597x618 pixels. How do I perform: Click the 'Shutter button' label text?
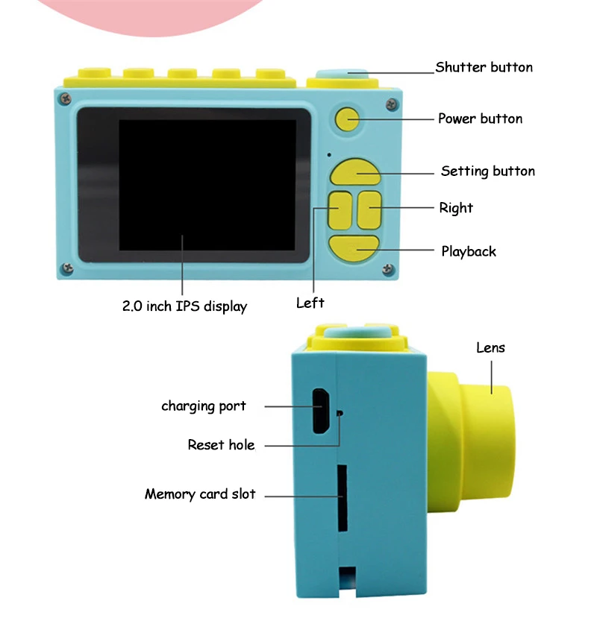tap(484, 67)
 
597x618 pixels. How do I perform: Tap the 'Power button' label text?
tap(480, 119)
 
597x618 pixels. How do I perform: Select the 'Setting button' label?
tap(488, 171)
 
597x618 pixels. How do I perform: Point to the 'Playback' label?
tap(469, 251)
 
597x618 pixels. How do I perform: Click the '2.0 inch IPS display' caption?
tap(184, 306)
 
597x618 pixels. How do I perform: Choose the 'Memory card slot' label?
tap(200, 494)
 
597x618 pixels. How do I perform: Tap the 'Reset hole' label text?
tap(221, 445)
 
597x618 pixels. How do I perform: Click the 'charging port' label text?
tap(204, 406)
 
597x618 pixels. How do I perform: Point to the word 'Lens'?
tap(490, 347)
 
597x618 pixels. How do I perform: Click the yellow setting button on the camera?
tap(355, 172)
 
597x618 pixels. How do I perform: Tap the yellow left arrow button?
tap(340, 210)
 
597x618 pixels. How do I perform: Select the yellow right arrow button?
tap(369, 210)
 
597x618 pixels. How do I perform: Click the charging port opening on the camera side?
tap(321, 411)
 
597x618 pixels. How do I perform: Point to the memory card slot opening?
tap(342, 498)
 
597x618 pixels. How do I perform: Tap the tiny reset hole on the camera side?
tap(340, 413)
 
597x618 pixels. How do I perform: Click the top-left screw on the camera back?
tap(65, 98)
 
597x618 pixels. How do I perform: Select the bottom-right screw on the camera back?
tap(388, 269)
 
